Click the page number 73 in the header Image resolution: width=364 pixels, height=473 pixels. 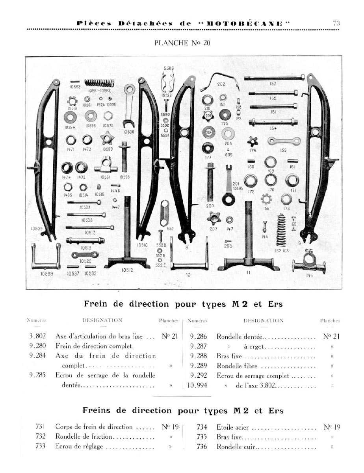[x=336, y=23]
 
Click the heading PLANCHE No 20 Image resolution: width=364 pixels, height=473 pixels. [x=182, y=43]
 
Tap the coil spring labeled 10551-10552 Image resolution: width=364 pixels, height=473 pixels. [x=99, y=83]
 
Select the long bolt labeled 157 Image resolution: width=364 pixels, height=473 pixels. [x=276, y=77]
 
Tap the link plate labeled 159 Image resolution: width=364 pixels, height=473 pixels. [x=284, y=140]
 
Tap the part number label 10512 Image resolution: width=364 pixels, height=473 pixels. [x=127, y=270]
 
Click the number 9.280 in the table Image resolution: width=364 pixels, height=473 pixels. [x=38, y=346]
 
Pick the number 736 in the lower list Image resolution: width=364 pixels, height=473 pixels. [x=202, y=447]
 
